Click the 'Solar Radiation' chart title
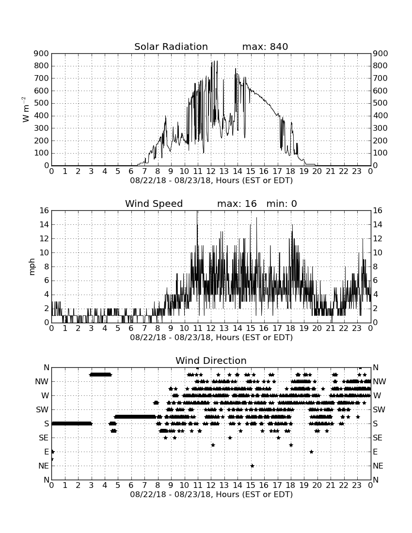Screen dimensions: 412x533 [x=171, y=47]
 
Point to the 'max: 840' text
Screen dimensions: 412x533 [x=265, y=47]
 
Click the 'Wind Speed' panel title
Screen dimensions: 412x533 [x=154, y=204]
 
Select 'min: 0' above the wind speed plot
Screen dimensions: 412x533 [x=282, y=204]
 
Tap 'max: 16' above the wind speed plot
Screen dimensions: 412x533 [x=237, y=204]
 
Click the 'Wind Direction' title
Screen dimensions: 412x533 [x=211, y=361]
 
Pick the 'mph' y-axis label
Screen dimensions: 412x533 [x=32, y=267]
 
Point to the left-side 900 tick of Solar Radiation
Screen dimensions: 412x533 [x=42, y=54]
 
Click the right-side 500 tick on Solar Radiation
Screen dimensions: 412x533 [x=380, y=103]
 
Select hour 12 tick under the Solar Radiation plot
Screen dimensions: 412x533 [x=211, y=172]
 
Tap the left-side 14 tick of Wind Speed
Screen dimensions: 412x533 [x=45, y=225]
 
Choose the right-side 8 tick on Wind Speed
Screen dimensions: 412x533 [x=375, y=267]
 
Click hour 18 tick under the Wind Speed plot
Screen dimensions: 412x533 [x=291, y=329]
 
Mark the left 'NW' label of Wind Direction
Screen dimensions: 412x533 [x=42, y=382]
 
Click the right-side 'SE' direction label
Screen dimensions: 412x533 [x=378, y=438]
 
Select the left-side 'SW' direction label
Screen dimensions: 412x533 [x=43, y=409]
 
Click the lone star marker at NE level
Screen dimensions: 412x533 [x=252, y=466]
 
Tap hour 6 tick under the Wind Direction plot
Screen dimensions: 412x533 [x=131, y=486]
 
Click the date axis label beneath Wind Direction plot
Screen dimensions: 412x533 [x=211, y=494]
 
